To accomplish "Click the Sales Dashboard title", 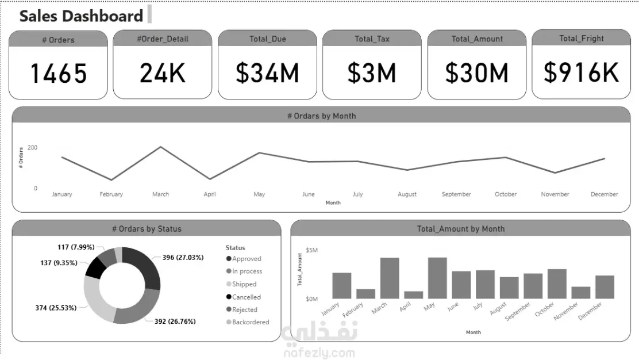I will click(81, 16).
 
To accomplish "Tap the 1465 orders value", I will click(58, 73).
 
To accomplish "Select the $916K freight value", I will click(581, 72).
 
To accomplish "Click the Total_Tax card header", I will click(372, 39).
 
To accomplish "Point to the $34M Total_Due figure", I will click(267, 73).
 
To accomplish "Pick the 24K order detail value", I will click(163, 73).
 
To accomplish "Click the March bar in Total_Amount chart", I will click(390, 278).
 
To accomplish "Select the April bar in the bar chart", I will click(413, 294).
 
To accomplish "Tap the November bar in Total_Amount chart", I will click(581, 292).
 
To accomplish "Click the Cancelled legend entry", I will click(246, 297).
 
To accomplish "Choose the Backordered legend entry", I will click(250, 322).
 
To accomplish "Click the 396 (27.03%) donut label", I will click(183, 258).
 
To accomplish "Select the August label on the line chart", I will click(407, 194).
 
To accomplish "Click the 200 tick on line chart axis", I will click(32, 148).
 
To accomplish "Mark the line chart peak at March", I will click(160, 147).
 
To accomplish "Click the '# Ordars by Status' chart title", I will click(147, 229).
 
